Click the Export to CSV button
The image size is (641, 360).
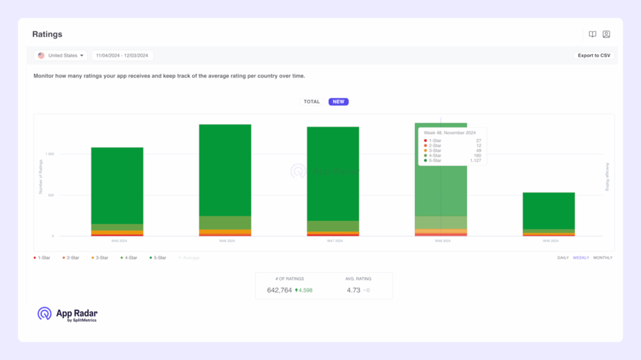tap(593, 56)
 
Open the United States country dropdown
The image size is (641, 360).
tap(61, 56)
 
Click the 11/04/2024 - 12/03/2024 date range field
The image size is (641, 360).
tap(122, 56)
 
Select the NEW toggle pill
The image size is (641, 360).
tap(339, 101)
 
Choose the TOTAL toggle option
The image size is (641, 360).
tap(312, 101)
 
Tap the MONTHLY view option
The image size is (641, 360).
tap(603, 258)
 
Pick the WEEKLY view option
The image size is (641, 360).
tap(581, 258)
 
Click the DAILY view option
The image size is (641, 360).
tap(562, 258)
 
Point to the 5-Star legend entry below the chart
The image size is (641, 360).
tap(159, 258)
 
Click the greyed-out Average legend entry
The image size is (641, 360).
tap(188, 258)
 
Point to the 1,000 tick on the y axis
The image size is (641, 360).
tap(50, 153)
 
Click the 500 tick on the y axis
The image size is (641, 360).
tap(51, 195)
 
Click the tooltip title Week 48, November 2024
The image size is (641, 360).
tap(450, 133)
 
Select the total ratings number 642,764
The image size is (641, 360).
tap(279, 291)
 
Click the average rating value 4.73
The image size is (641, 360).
tap(354, 291)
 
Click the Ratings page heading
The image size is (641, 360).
tap(48, 34)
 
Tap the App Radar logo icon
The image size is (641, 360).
tap(44, 314)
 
